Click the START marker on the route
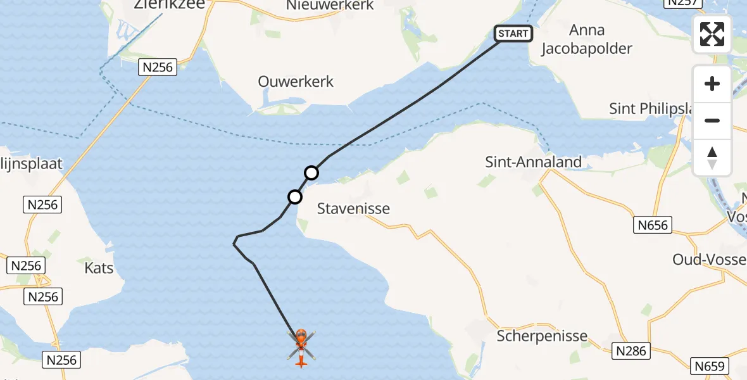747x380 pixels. pos(513,34)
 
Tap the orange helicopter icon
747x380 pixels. pos(301,347)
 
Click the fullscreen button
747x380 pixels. pos(712,34)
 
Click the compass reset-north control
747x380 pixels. pos(712,158)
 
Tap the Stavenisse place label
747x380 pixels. pos(353,208)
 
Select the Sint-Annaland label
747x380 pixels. pos(533,162)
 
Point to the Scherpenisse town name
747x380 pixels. pos(542,336)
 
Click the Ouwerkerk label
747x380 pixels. pos(296,82)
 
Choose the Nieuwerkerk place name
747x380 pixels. pos(330,6)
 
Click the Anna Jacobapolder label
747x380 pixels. pos(587,39)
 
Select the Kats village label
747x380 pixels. pos(99,268)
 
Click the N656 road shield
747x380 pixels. pos(652,224)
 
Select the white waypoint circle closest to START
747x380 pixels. pos(311,172)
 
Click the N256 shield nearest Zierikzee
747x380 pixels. pos(158,67)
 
